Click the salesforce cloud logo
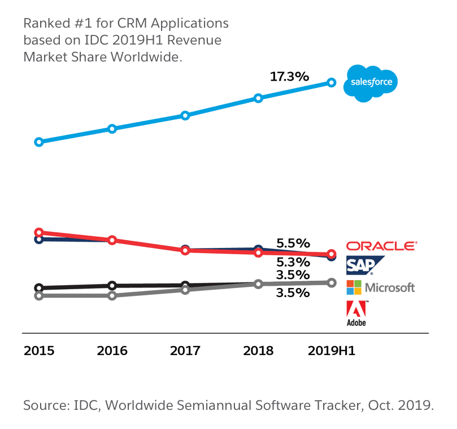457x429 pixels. tap(373, 83)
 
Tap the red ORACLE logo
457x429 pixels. tap(381, 246)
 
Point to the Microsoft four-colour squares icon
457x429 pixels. tap(354, 287)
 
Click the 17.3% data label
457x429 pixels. tap(289, 76)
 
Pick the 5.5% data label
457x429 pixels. tap(293, 244)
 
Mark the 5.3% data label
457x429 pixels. tap(293, 262)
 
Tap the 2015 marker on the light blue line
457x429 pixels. tap(39, 142)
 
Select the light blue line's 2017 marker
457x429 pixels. tap(185, 116)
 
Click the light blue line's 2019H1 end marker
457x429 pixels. tap(332, 83)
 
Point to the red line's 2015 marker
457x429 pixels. tap(39, 232)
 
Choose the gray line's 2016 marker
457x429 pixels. tap(112, 295)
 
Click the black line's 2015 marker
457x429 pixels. tap(39, 288)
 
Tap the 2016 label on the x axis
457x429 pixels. tap(112, 351)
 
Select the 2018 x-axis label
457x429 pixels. tap(258, 351)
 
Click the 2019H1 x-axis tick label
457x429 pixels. tap(331, 351)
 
